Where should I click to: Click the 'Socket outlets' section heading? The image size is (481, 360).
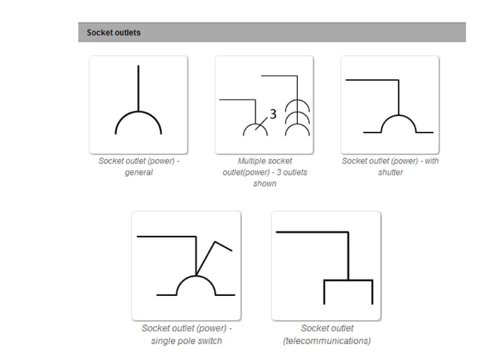click(x=113, y=32)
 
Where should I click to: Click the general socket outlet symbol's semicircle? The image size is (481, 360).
click(x=138, y=115)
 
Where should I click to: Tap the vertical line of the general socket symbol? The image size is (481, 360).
click(x=138, y=87)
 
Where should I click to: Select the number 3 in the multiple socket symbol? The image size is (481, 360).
click(x=273, y=114)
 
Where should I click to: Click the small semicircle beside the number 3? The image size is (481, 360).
click(x=255, y=128)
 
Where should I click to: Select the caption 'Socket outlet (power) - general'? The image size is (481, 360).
click(x=139, y=166)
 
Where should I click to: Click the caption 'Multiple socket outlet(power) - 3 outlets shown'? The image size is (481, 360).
click(x=264, y=172)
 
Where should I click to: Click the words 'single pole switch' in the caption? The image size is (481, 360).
click(x=186, y=340)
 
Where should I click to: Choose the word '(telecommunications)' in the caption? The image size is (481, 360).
click(x=326, y=340)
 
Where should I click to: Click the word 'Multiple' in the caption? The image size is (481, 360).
click(x=253, y=161)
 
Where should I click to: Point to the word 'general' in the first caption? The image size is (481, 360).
click(x=139, y=172)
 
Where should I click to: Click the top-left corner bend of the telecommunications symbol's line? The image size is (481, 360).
click(x=348, y=233)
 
